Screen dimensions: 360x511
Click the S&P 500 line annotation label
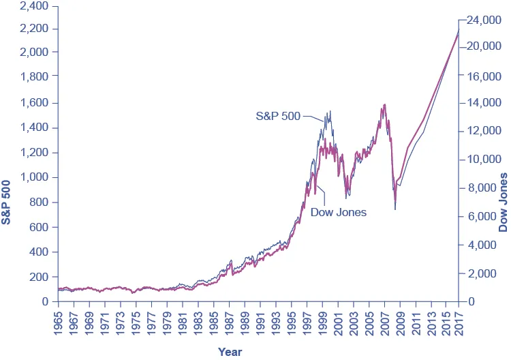pos(277,116)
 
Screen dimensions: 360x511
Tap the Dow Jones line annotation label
pos(338,212)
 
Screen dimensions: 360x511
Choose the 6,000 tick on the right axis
pos(482,217)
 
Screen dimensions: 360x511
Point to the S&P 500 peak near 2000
pos(330,111)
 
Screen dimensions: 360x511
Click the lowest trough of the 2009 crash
pos(395,209)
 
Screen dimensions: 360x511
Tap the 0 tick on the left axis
pos(45,301)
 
